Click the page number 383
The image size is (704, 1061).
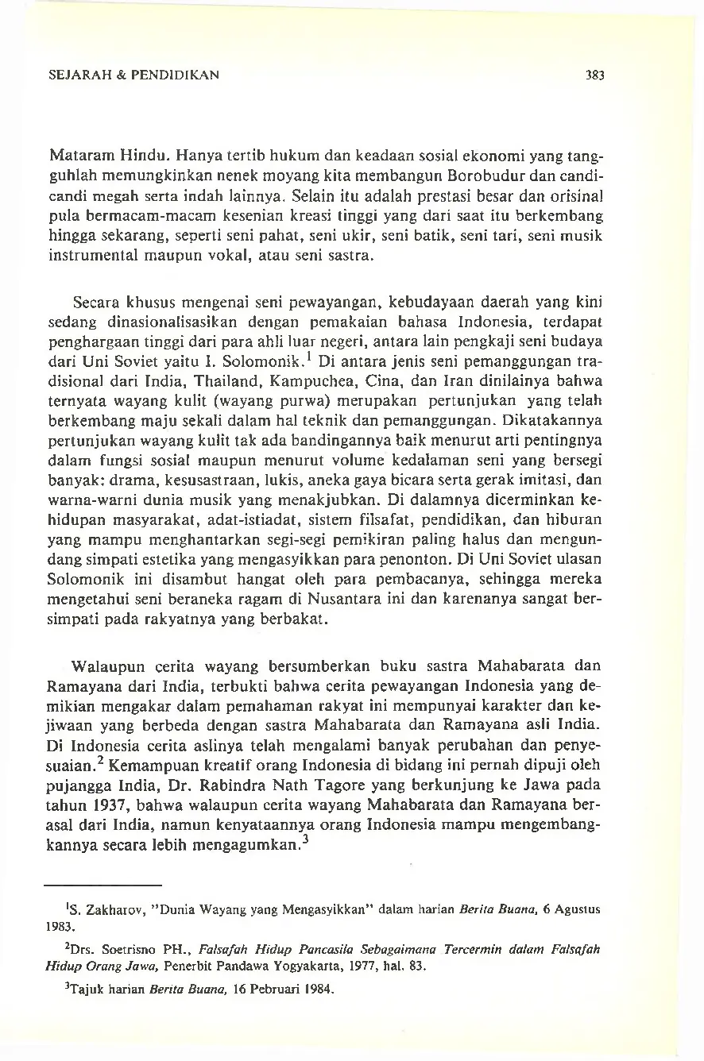pyautogui.click(x=595, y=76)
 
